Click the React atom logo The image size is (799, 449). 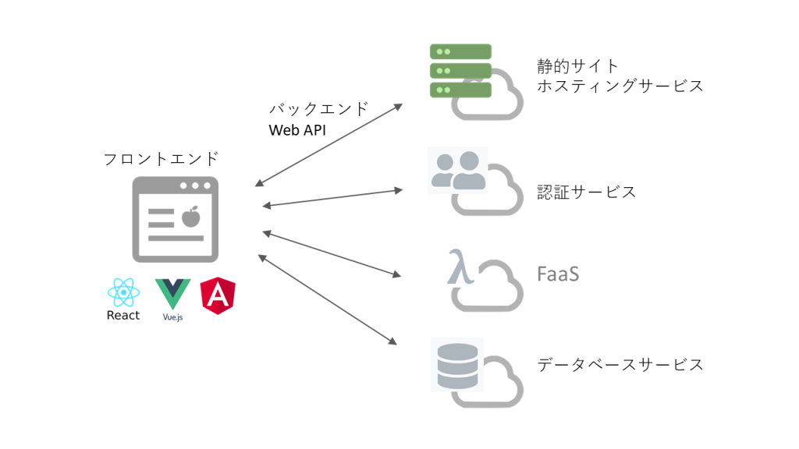[123, 293]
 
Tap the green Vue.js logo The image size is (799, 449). [172, 293]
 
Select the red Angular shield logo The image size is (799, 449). [219, 296]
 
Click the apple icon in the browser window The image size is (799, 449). [190, 215]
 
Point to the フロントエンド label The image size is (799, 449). [162, 159]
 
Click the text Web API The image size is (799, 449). [297, 129]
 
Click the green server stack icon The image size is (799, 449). [460, 71]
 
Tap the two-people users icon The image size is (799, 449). [457, 171]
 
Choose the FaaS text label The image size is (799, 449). [558, 274]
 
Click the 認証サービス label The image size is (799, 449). [587, 192]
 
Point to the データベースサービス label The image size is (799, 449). [620, 365]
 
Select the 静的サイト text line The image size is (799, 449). [578, 65]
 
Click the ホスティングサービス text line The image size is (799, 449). [620, 86]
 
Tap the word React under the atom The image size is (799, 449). [123, 316]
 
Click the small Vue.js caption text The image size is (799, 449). [172, 318]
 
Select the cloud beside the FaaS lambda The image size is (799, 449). [499, 285]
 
